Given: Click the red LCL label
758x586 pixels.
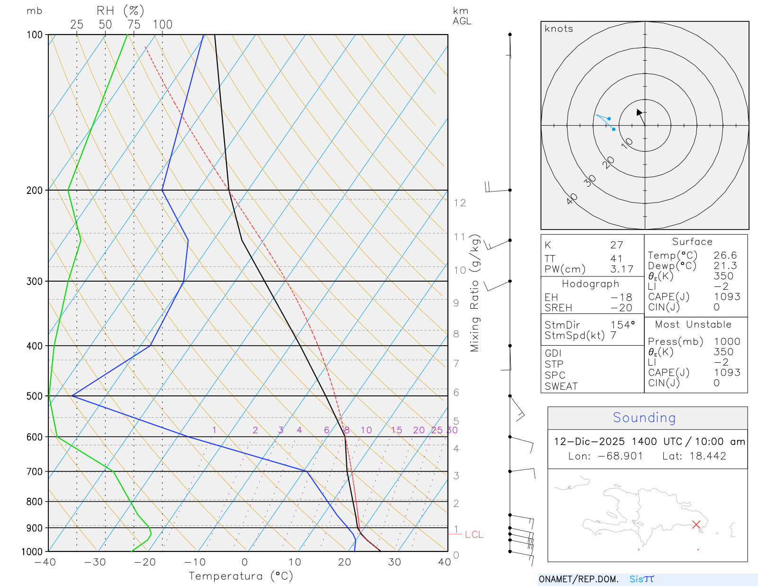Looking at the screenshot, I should pos(474,535).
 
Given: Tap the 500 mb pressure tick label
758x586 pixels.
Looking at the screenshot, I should pos(35,396).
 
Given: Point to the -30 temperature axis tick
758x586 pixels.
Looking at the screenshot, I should pos(95,562).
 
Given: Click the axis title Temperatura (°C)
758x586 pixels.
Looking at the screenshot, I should pos(241,576).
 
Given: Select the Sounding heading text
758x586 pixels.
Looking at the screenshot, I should pos(644,418).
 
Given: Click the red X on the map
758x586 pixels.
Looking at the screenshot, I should pos(696,524).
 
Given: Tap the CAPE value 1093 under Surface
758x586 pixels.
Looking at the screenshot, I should pos(727,297).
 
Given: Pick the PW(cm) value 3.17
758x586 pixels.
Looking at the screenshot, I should pos(622,269).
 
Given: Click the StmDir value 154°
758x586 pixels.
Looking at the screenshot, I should pos(623,325).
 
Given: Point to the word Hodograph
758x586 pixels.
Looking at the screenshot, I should pos(590,284).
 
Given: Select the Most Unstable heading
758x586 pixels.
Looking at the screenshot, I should pos(693,325).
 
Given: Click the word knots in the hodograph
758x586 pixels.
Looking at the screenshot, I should pos(559,29).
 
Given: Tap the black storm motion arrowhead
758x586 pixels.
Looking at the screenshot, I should pos(639,112).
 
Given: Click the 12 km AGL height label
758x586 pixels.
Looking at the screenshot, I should pos(460,203).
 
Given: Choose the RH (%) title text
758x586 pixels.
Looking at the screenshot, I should pos(120,11).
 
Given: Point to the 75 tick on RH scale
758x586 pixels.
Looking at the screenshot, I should pos(134,25).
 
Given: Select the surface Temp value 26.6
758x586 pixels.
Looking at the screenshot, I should pos(725,256).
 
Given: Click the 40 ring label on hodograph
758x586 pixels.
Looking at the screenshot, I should pos(572,199).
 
